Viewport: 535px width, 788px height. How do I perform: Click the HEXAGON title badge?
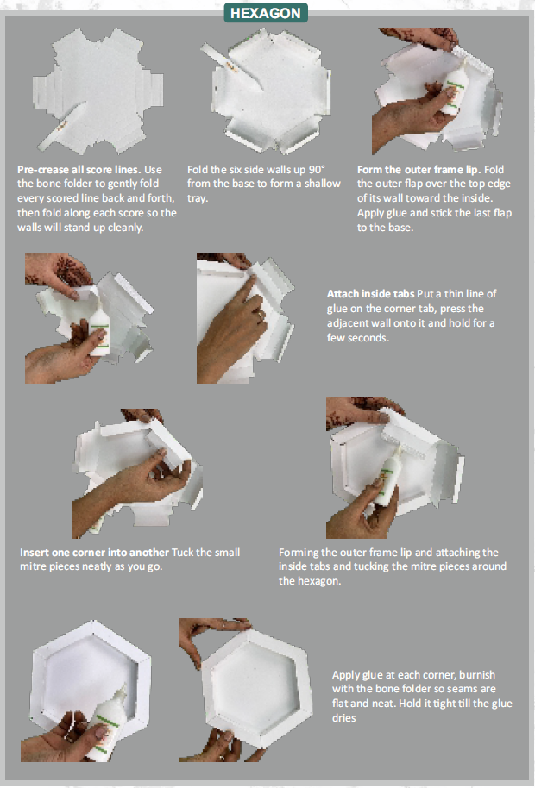point(266,13)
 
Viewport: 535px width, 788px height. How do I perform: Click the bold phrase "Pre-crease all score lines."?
point(79,170)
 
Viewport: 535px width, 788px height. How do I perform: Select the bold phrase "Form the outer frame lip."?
point(419,170)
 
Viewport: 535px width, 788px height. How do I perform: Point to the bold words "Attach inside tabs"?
point(370,294)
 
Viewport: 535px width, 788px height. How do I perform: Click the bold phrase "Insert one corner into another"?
point(95,553)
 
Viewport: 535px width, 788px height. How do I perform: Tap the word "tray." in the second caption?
point(198,198)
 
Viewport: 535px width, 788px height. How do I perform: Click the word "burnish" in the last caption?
point(477,674)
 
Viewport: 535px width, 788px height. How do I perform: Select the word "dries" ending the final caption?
point(344,718)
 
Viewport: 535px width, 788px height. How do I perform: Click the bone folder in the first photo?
point(61,127)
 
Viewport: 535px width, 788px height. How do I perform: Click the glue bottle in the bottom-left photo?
point(107,722)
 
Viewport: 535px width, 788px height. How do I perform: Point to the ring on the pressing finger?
point(260,315)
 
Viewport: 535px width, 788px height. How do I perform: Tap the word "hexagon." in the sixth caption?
point(310,581)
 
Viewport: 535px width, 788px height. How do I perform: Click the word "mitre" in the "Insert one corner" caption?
point(33,566)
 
